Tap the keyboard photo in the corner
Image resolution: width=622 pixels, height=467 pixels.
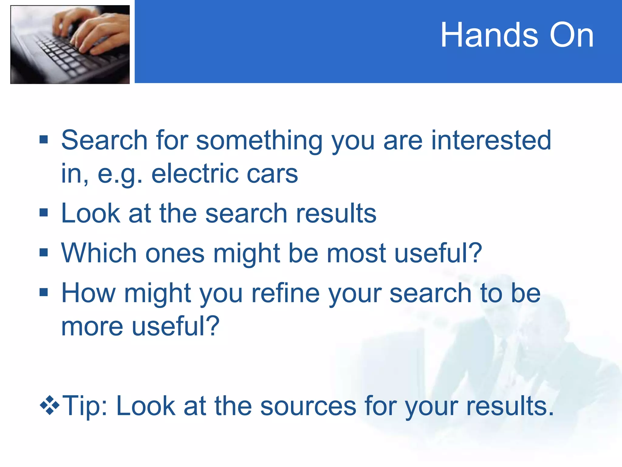(x=70, y=44)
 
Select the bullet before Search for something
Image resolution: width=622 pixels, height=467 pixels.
(x=44, y=140)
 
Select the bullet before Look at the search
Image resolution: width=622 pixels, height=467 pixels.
(x=44, y=213)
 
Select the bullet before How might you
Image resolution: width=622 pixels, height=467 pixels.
(x=44, y=292)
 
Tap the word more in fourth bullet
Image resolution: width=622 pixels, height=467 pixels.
(x=92, y=326)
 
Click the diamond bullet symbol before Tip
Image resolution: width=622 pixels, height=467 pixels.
(x=50, y=405)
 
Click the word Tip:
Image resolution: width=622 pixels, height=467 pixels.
(x=85, y=406)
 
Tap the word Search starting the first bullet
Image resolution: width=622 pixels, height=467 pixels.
(x=104, y=140)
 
